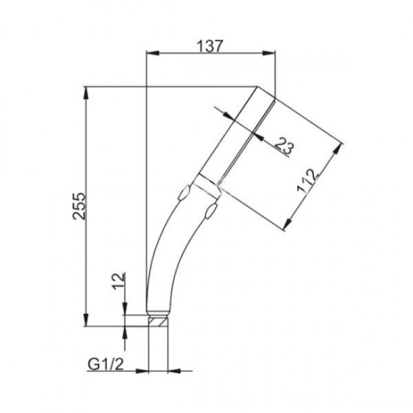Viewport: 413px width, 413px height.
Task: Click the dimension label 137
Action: click(210, 46)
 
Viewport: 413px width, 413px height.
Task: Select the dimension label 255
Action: click(79, 206)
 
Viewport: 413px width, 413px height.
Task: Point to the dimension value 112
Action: click(307, 182)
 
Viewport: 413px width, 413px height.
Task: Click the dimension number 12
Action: click(118, 281)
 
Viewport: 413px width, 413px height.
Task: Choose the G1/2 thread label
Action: click(105, 364)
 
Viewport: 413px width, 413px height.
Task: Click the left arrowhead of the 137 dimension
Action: click(153, 53)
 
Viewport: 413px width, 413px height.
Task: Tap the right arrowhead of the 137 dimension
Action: click(268, 53)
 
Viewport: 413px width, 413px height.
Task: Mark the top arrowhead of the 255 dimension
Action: click(86, 93)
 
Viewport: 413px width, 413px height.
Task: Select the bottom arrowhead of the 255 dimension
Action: click(86, 320)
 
